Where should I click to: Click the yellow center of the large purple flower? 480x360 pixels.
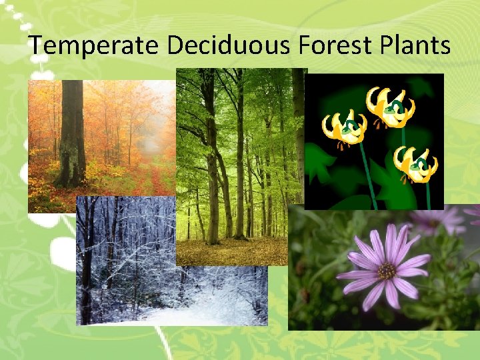click(387, 271)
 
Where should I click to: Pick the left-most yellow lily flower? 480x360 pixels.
click(344, 128)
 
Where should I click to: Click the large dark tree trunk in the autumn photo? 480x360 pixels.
click(71, 133)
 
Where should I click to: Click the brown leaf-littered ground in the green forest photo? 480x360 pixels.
click(233, 251)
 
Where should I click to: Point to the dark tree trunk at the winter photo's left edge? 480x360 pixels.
click(85, 267)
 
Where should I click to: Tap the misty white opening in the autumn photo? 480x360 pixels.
click(152, 143)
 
